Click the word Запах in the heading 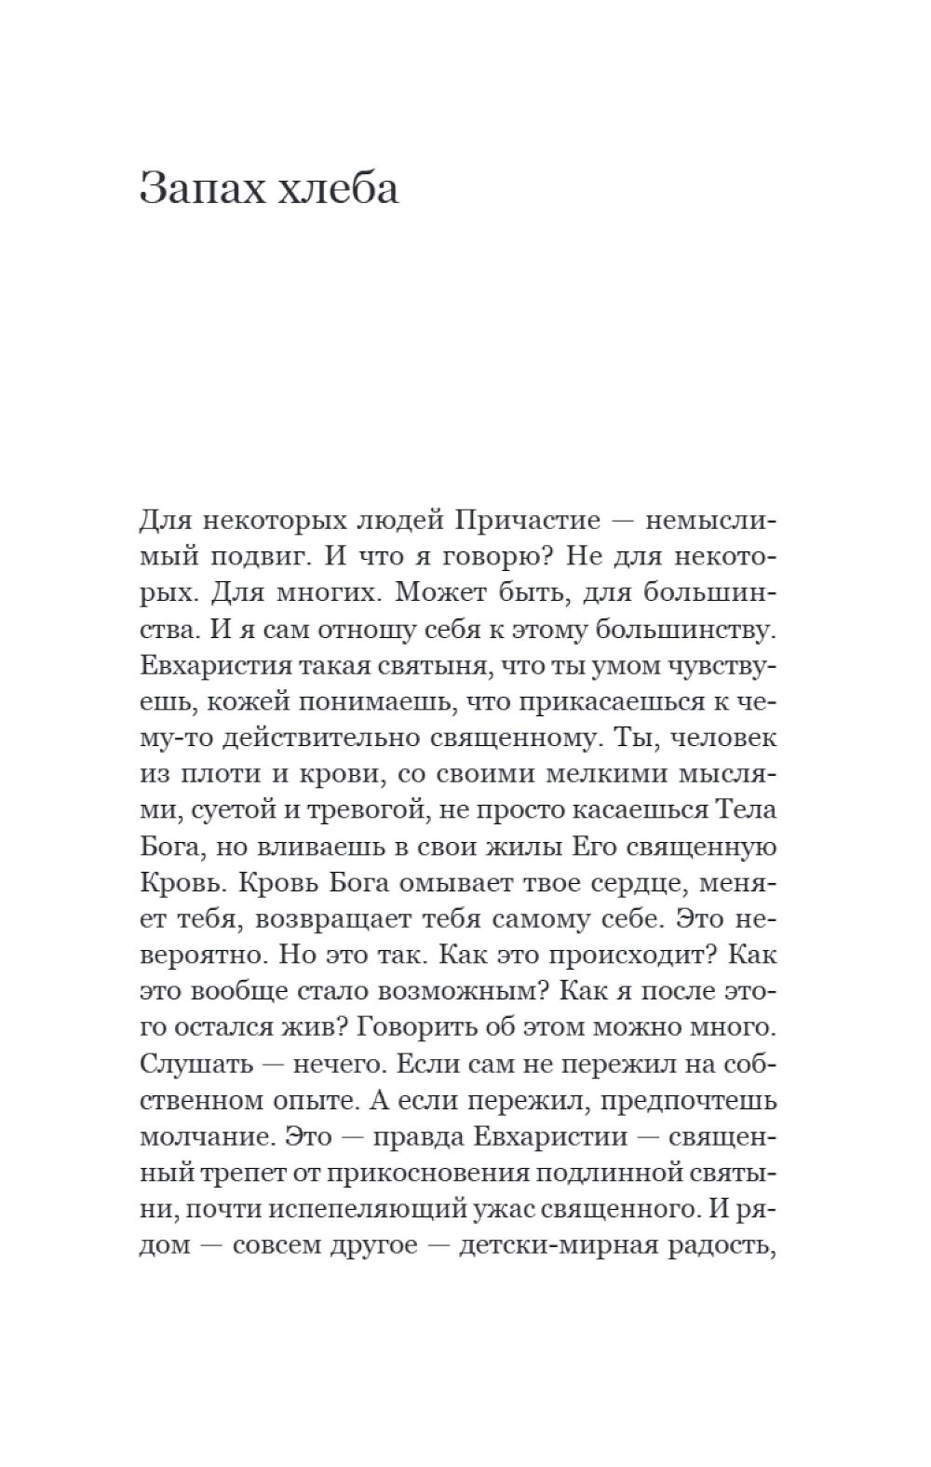(x=197, y=189)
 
